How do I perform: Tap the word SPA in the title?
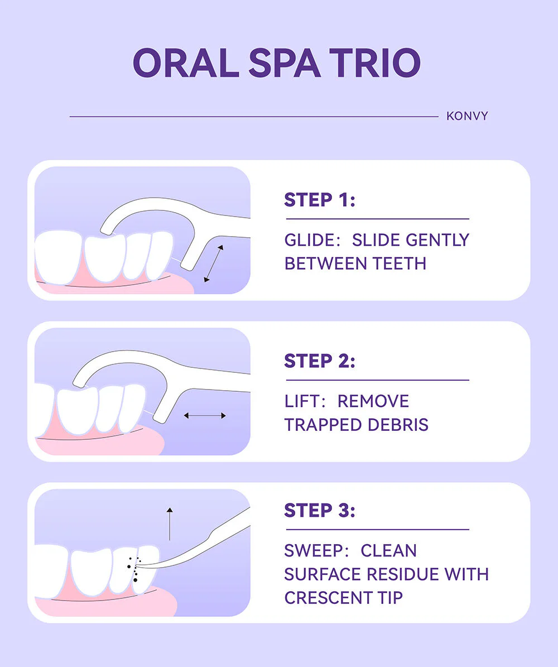(x=284, y=63)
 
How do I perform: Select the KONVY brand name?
(x=467, y=116)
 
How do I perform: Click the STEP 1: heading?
(x=319, y=200)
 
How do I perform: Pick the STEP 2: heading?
(x=319, y=361)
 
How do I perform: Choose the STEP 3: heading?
(x=319, y=511)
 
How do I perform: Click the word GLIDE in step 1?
(x=312, y=241)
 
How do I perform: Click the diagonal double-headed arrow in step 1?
(x=214, y=264)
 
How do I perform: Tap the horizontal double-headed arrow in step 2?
(x=205, y=416)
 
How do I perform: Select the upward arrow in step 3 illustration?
(x=170, y=524)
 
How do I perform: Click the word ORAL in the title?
(x=186, y=63)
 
